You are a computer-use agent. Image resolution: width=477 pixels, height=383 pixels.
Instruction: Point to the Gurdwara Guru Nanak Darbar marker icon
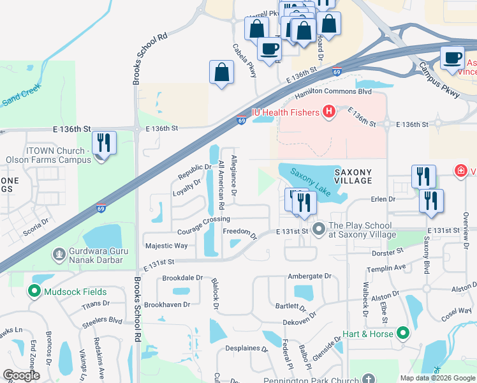[59, 255]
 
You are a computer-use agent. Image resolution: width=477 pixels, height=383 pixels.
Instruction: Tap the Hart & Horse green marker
[402, 333]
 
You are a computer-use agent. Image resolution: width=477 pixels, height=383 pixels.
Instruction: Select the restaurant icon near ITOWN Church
[104, 143]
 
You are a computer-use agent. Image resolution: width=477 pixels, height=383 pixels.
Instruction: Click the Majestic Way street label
[166, 246]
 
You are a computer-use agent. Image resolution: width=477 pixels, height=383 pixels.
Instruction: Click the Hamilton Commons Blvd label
[333, 93]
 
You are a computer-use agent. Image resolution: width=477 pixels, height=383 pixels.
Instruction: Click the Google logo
[21, 375]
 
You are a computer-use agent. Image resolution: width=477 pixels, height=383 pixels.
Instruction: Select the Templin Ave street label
[390, 267]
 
